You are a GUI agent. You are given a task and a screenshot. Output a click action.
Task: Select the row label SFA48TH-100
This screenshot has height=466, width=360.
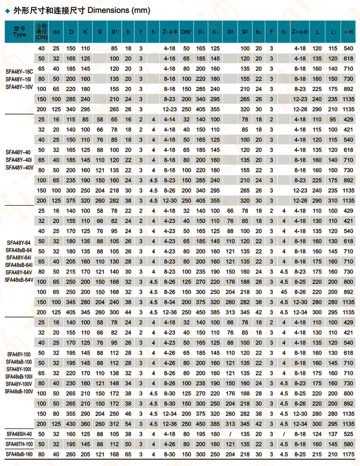coord(20,444)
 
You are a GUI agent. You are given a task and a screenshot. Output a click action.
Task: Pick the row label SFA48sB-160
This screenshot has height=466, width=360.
coord(20,453)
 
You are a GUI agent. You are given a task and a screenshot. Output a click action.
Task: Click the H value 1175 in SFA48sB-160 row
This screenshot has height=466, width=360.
coord(348,453)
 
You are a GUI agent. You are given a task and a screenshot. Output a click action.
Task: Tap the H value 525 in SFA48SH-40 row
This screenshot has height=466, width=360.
coord(348,434)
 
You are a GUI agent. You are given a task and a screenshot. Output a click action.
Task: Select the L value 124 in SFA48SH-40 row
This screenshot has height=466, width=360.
coord(317,434)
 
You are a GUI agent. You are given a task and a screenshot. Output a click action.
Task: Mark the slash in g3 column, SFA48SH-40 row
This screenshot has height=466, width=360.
coord(230,434)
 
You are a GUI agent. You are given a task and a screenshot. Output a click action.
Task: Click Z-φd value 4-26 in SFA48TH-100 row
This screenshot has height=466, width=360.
coord(169,444)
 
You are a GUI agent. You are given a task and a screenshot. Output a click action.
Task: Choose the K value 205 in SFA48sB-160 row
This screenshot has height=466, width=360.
coord(85,453)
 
